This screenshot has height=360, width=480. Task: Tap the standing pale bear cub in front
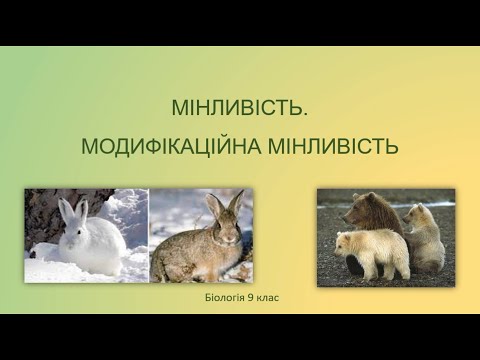(x=372, y=252)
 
